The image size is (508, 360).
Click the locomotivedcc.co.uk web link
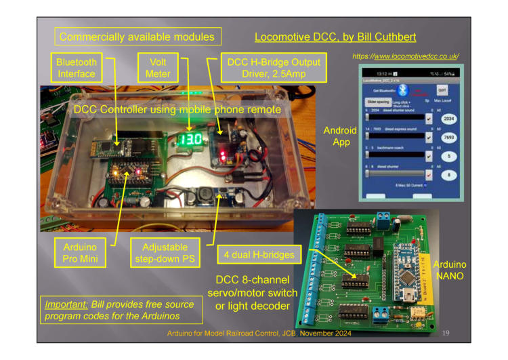click(406, 56)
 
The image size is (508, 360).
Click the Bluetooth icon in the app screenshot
click(402, 89)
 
